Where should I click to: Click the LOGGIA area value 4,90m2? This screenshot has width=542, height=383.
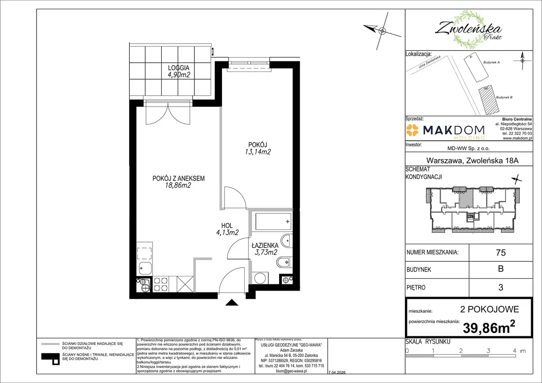pyautogui.click(x=179, y=75)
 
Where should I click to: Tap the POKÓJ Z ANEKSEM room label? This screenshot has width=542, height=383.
pyautogui.click(x=178, y=179)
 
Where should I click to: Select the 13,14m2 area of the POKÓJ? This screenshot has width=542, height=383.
pyautogui.click(x=258, y=152)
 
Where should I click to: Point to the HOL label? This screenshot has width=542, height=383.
pyautogui.click(x=227, y=226)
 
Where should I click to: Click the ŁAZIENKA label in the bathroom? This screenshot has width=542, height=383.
pyautogui.click(x=265, y=245)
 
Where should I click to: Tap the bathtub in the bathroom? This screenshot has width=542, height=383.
pyautogui.click(x=273, y=221)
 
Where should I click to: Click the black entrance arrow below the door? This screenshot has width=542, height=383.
pyautogui.click(x=232, y=302)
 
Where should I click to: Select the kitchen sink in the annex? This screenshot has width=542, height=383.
pyautogui.click(x=145, y=268)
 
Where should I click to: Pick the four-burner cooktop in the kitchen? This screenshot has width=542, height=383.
pyautogui.click(x=161, y=284)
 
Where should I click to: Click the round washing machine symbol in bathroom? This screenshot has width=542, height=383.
pyautogui.click(x=260, y=278)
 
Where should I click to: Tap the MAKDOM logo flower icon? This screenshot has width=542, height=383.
pyautogui.click(x=412, y=130)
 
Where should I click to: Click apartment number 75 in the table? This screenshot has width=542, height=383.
pyautogui.click(x=501, y=252)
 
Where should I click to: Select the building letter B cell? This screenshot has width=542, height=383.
pyautogui.click(x=501, y=269)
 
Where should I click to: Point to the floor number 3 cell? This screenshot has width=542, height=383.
pyautogui.click(x=501, y=287)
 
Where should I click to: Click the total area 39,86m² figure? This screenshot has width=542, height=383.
pyautogui.click(x=489, y=327)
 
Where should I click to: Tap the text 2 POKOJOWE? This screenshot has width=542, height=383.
pyautogui.click(x=489, y=309)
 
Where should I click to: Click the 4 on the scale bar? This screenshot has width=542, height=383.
pyautogui.click(x=514, y=350)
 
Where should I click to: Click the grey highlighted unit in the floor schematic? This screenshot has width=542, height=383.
pyautogui.click(x=466, y=198)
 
